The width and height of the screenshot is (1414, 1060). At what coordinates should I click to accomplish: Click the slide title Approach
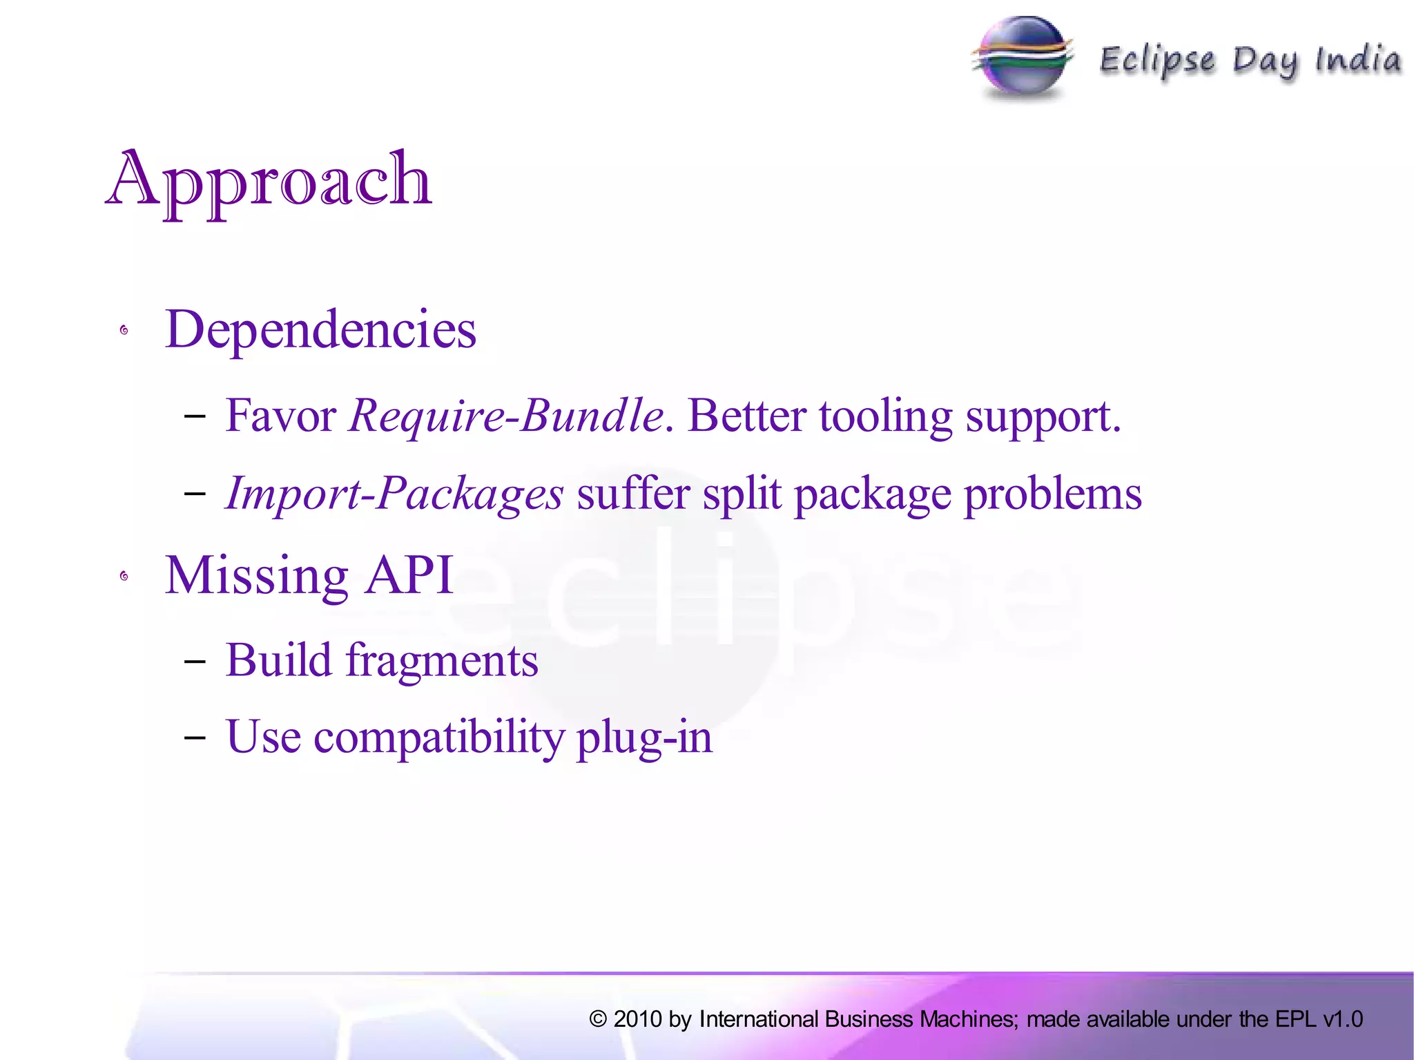269,181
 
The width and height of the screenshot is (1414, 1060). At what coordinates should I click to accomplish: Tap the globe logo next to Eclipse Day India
1023,59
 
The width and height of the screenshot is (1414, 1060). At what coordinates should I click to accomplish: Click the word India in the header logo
1358,60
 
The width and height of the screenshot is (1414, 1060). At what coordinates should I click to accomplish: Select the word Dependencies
320,330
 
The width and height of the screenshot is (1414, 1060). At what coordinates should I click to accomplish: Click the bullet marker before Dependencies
124,331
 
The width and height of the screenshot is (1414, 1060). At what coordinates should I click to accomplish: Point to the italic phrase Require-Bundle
506,416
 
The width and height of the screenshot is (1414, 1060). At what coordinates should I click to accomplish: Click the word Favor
280,416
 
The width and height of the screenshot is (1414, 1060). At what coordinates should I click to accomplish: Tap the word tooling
886,416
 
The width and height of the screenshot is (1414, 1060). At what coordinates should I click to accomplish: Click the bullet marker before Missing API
124,576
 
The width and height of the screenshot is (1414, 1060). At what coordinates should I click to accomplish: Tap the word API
409,575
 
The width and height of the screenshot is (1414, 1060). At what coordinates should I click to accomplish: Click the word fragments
442,661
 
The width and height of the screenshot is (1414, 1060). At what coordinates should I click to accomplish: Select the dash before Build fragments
195,661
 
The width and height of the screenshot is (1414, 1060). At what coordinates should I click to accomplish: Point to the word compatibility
439,738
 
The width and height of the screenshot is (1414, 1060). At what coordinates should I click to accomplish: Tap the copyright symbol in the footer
598,1019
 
